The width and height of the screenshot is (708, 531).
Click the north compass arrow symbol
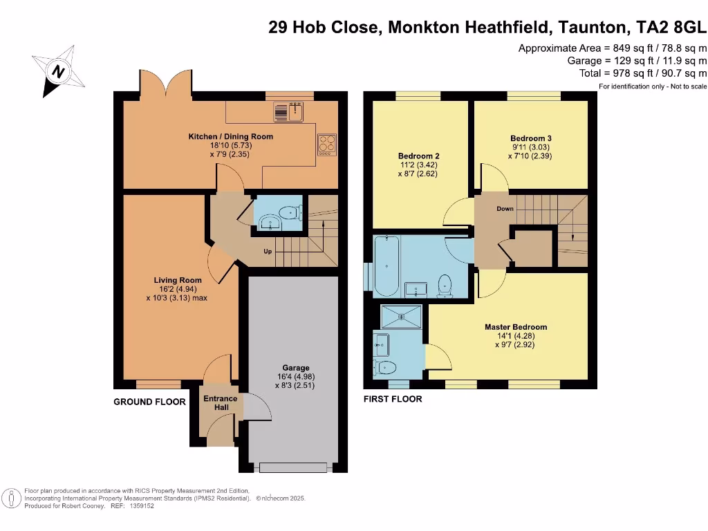click(59, 71)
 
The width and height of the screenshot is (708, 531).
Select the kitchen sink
click(289, 111)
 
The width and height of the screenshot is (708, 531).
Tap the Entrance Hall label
click(220, 403)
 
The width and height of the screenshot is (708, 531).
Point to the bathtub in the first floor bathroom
click(384, 265)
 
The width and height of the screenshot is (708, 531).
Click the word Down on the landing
click(505, 208)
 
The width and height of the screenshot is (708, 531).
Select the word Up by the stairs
click(267, 251)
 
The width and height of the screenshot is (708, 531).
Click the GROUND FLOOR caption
click(149, 402)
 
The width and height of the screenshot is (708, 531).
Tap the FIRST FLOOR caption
click(393, 399)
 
